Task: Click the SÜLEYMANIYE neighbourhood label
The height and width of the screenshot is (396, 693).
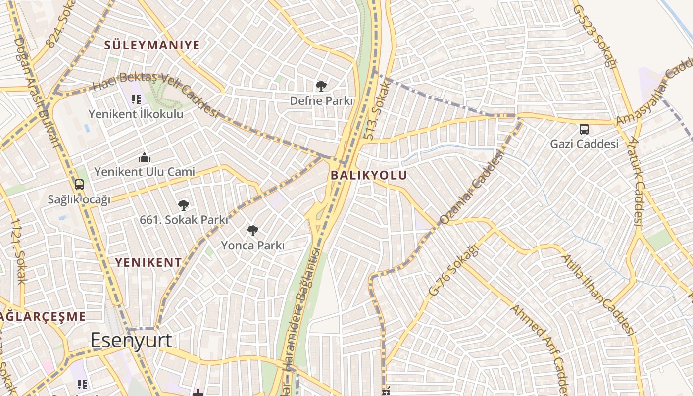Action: (152, 45)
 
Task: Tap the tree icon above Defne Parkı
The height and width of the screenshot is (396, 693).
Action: (321, 86)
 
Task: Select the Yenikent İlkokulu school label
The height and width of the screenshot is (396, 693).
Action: (136, 114)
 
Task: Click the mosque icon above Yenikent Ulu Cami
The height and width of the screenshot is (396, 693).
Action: (145, 158)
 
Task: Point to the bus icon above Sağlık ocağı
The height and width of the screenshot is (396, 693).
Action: (79, 185)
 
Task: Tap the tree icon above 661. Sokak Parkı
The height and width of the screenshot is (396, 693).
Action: (184, 205)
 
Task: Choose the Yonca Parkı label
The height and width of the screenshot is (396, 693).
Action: (252, 245)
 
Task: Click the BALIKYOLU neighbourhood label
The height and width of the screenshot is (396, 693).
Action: (369, 175)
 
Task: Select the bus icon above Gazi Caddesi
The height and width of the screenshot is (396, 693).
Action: (584, 129)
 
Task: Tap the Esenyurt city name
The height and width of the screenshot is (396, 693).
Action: (131, 340)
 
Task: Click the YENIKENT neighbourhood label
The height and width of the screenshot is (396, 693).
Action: (148, 262)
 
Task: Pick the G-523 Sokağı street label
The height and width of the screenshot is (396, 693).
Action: (596, 37)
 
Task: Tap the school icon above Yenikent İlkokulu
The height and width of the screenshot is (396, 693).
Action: (136, 99)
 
